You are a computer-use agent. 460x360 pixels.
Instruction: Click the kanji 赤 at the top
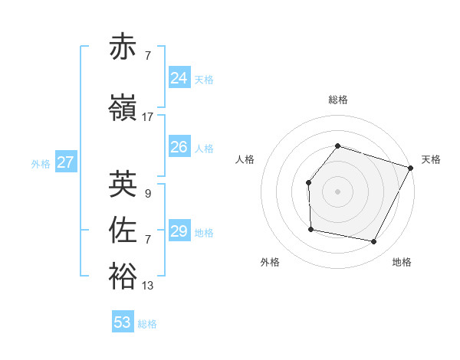tap(123, 47)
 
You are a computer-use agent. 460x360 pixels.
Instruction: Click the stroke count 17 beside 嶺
tap(148, 117)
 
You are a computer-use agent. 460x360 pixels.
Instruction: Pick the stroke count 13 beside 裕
tap(148, 286)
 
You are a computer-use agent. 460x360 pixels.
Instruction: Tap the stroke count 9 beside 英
tap(147, 193)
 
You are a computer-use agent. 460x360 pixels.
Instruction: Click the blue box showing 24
tap(179, 77)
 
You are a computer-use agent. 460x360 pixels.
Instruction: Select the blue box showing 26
tap(179, 146)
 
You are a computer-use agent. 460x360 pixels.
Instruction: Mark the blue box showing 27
tap(66, 162)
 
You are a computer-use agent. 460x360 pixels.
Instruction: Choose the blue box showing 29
tap(179, 231)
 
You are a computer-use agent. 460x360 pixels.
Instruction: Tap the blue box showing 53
tap(123, 322)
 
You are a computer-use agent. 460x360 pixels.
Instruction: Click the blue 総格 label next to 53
tap(148, 324)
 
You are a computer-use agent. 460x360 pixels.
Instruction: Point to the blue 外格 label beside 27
tap(41, 163)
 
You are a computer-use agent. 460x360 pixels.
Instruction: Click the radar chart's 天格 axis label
tap(431, 159)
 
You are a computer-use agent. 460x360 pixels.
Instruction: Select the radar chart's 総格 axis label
tap(338, 100)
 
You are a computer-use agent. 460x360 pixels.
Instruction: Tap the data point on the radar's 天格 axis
tap(411, 168)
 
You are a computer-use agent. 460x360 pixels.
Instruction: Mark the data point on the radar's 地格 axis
tap(373, 242)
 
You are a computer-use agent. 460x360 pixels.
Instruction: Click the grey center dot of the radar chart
tap(337, 191)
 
